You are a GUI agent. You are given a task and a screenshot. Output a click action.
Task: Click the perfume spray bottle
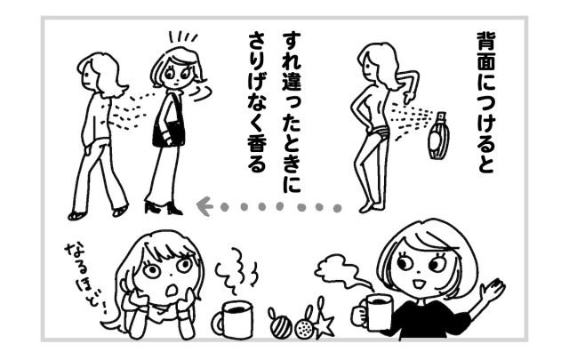point(438,135)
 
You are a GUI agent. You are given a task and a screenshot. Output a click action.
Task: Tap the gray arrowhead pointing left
point(204,206)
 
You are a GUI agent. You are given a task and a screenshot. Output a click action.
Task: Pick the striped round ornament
point(280,325)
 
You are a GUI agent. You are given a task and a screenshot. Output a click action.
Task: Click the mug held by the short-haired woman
point(373,312)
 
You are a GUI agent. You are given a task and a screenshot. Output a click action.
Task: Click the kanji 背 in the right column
point(486,44)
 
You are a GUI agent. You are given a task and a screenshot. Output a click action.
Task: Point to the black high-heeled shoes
point(164,207)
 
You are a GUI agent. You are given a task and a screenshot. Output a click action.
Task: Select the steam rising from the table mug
point(236,271)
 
